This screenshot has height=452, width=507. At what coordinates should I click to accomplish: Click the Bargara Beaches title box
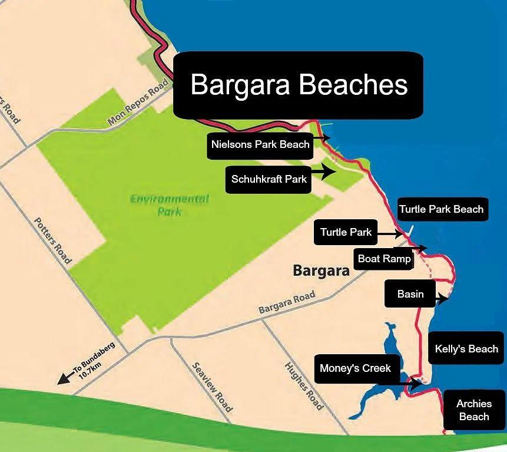(299, 84)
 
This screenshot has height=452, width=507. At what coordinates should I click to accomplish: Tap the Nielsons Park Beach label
(260, 144)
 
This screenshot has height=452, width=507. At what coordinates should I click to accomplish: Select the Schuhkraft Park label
(269, 179)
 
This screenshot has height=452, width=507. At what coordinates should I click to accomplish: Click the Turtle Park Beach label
(441, 209)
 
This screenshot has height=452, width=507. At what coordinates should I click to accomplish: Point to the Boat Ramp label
(384, 259)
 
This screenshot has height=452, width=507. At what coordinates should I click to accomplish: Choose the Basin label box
(410, 293)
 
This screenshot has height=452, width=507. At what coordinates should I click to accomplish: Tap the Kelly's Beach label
(466, 348)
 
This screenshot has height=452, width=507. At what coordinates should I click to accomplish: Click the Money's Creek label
(355, 368)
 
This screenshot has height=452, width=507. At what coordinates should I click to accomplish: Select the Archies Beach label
(473, 410)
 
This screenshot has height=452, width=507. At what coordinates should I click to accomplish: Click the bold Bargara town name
(321, 271)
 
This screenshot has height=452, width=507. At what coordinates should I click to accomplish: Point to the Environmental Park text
(169, 205)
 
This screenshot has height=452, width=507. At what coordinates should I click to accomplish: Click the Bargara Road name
(287, 303)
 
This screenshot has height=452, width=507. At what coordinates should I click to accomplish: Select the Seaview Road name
(212, 387)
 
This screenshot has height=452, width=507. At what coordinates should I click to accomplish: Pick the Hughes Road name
(303, 385)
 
